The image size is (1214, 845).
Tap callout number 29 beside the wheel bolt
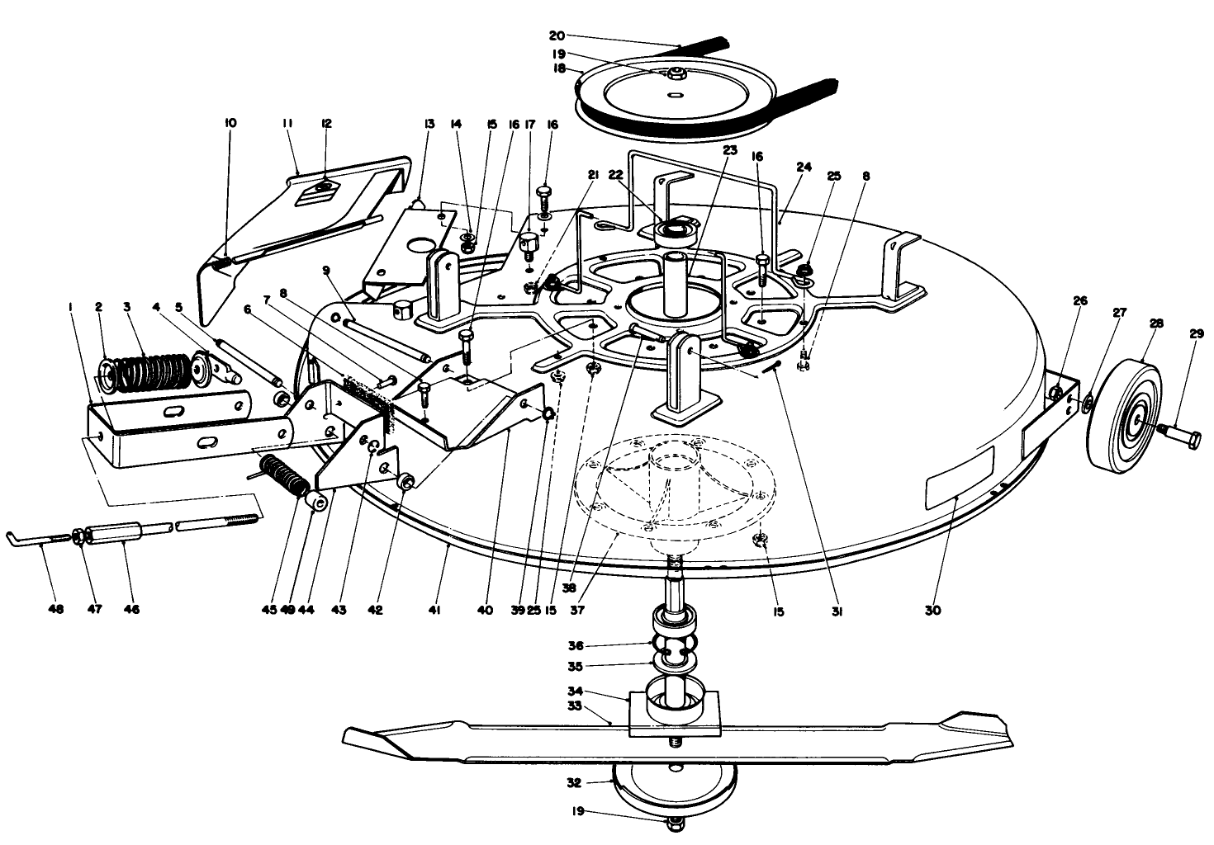[x=1197, y=333]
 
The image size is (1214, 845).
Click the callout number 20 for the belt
[x=556, y=35]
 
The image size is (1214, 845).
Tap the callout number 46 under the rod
[x=131, y=609]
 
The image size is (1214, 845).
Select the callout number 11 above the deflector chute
[x=288, y=123]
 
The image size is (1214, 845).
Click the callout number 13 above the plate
[x=429, y=124]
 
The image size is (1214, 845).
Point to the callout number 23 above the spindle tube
[x=728, y=150]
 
